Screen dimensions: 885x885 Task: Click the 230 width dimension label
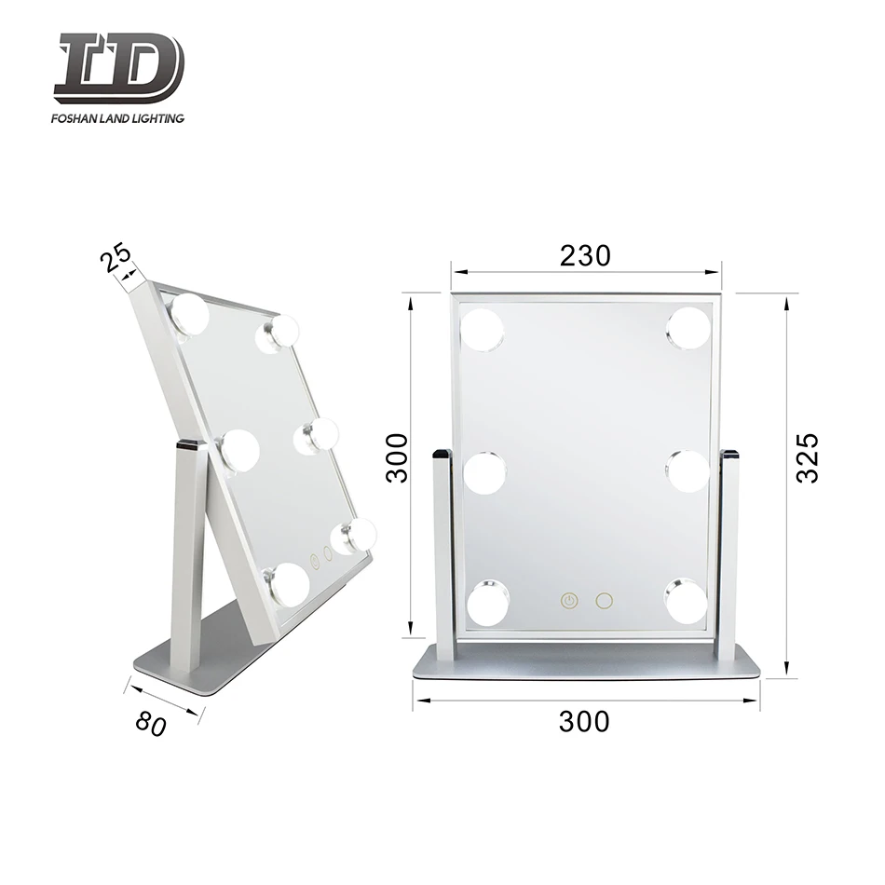[x=586, y=255]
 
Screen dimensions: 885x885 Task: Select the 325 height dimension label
[x=807, y=456]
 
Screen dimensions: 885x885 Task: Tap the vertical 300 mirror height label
[x=398, y=456]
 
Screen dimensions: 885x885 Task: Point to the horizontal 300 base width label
[x=584, y=721]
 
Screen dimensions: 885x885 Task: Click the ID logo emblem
[x=118, y=67]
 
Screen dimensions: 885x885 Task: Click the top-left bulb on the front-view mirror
[x=483, y=330]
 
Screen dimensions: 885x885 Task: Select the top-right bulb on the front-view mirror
[x=688, y=328]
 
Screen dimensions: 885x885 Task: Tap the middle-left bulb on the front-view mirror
[x=484, y=472]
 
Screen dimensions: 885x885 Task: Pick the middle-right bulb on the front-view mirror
[x=688, y=470]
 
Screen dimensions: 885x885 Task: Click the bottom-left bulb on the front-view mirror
[x=487, y=602]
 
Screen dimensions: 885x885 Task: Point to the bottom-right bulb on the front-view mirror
[x=686, y=600]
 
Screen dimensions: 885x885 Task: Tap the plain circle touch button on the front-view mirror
[x=604, y=601]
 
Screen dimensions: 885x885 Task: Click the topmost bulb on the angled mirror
[x=190, y=314]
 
